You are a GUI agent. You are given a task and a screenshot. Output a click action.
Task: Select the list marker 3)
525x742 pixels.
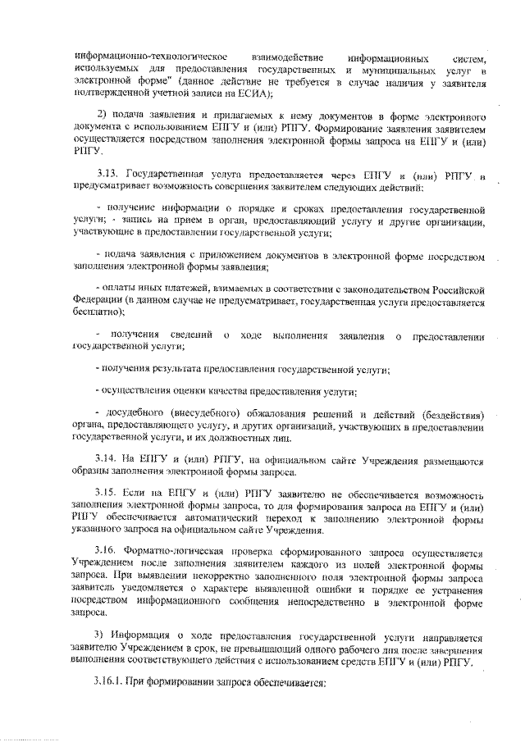(104, 635)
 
